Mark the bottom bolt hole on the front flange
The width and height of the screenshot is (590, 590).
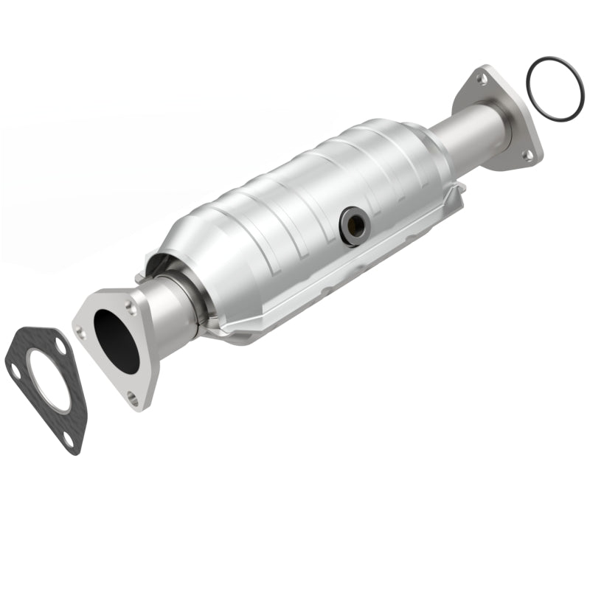coord(133,399)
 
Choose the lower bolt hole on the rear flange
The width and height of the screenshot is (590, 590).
coord(528,155)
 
